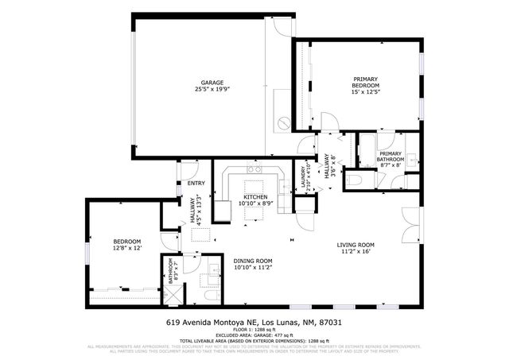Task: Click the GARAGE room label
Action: tap(211, 83)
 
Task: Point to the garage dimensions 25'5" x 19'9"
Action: tap(211, 90)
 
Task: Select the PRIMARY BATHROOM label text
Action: tap(390, 157)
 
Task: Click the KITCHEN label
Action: tap(254, 196)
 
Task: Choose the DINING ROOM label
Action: tap(253, 261)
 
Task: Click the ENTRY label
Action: tap(196, 184)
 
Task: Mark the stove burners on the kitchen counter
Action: tap(254, 169)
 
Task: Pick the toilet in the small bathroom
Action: tap(208, 296)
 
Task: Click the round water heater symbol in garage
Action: tap(285, 123)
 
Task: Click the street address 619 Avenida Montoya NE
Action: tap(254, 323)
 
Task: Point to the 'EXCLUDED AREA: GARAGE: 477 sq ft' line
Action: tap(254, 335)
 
